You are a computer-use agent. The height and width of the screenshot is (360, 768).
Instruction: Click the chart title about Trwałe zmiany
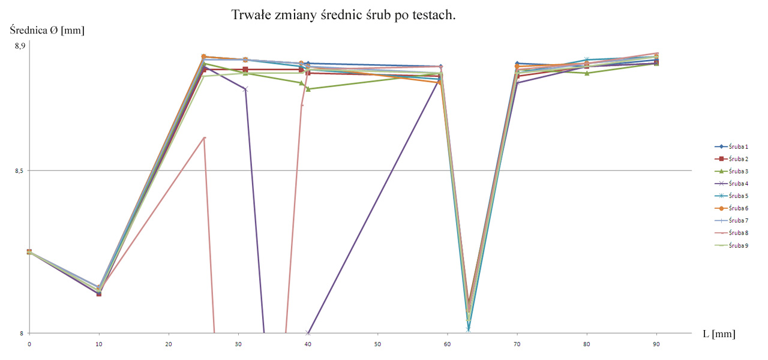344,14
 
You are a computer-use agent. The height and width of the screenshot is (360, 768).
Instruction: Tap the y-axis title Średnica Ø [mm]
47,31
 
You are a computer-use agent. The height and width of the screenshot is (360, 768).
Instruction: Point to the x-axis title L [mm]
719,334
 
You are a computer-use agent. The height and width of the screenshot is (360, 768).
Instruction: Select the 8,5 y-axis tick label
20,171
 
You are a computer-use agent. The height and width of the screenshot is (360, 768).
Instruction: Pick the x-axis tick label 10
99,344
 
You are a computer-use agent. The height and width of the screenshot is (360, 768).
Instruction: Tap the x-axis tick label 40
308,344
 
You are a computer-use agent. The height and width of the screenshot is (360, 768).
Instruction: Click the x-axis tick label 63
468,344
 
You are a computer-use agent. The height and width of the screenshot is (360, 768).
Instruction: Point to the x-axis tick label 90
656,344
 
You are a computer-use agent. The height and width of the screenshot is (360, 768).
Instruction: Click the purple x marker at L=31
245,89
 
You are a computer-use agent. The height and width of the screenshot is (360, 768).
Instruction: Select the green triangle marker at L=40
308,89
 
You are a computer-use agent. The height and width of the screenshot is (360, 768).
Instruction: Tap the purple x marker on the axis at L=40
308,333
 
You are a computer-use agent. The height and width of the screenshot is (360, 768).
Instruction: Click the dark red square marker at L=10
99,293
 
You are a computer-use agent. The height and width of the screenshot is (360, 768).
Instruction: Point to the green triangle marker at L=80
587,73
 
